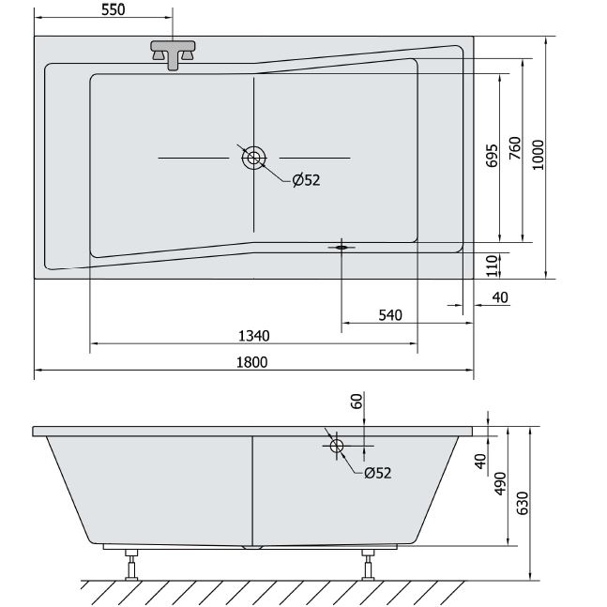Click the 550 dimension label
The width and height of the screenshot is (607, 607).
pyautogui.click(x=113, y=9)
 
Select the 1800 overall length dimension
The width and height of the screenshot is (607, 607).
pyautogui.click(x=251, y=362)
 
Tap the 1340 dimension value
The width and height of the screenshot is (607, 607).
pyautogui.click(x=253, y=336)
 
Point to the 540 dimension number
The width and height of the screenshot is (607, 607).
pyautogui.click(x=390, y=315)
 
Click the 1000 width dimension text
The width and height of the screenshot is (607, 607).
pyautogui.click(x=538, y=155)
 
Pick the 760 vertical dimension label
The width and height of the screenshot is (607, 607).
pyautogui.click(x=515, y=148)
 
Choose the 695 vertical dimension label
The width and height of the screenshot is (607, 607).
pyautogui.click(x=492, y=156)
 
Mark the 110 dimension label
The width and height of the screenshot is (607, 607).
pyautogui.click(x=492, y=266)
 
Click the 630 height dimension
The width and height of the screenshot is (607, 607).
pyautogui.click(x=523, y=503)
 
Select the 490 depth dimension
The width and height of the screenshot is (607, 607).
pyautogui.click(x=500, y=483)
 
